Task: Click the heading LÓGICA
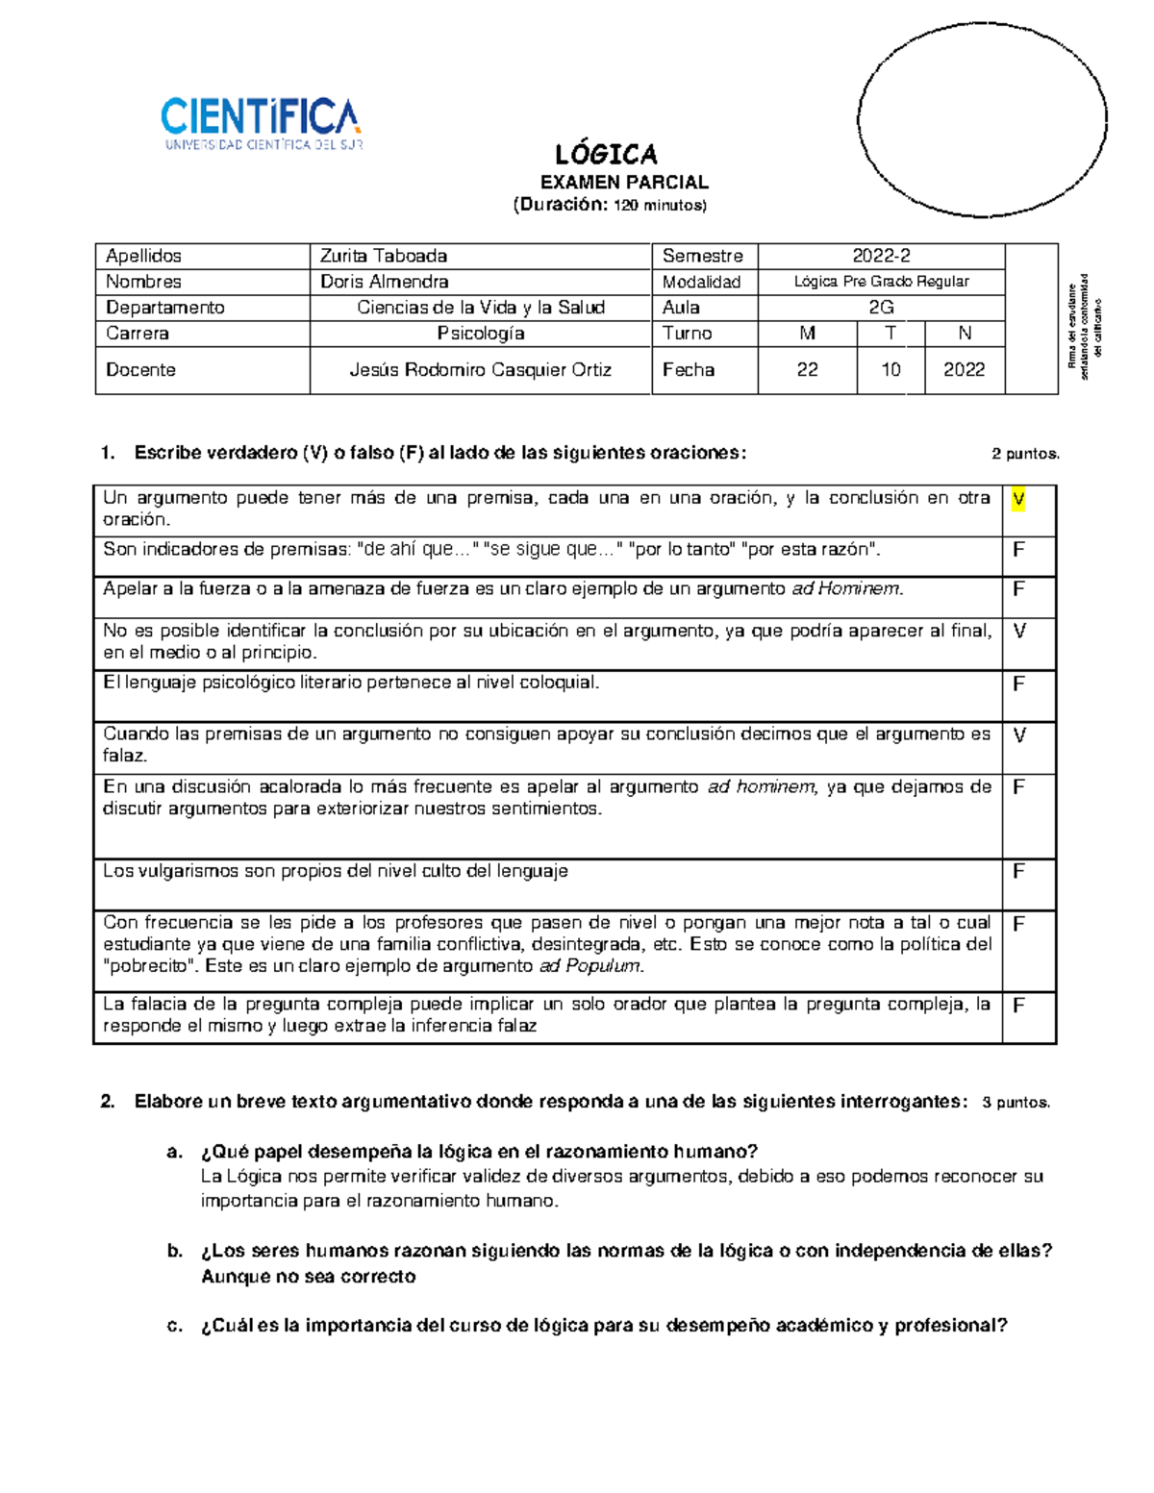coord(606,154)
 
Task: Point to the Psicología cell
coord(481,334)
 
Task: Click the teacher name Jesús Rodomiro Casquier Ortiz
coord(481,370)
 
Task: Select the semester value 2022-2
coord(881,256)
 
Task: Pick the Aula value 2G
coord(881,308)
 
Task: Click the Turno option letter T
coord(891,334)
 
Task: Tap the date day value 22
coord(807,370)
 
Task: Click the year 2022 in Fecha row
coord(964,370)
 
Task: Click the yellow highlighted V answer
coord(1018,499)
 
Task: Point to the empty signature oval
coord(981,121)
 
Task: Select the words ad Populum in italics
coord(590,966)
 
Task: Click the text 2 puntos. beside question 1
coord(1025,454)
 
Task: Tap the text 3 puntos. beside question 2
coord(1016,1103)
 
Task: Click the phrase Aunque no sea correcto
coord(308,1277)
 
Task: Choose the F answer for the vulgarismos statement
coord(1018,872)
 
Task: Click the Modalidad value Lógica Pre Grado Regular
coord(881,282)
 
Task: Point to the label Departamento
coord(164,308)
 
